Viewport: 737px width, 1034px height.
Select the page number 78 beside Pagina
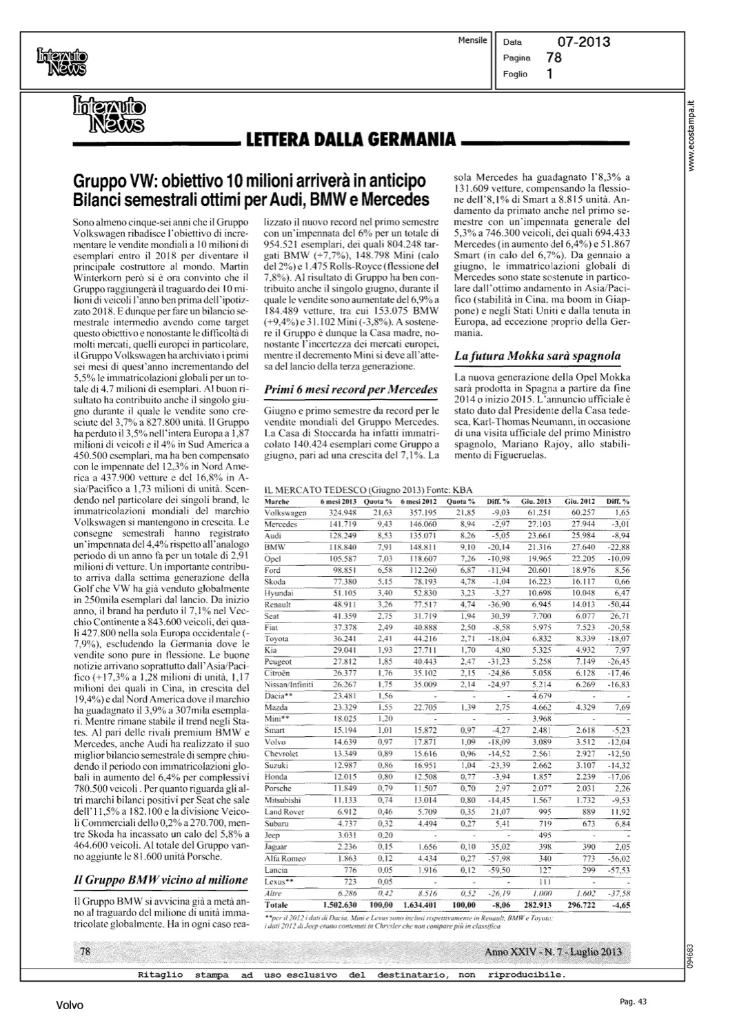pyautogui.click(x=554, y=58)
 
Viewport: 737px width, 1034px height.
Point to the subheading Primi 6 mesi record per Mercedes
pyautogui.click(x=352, y=389)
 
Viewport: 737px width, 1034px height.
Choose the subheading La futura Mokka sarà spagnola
pyautogui.click(x=538, y=356)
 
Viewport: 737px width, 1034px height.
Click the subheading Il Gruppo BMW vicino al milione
pyautogui.click(x=161, y=880)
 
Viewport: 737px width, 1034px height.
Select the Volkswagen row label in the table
pyautogui.click(x=286, y=513)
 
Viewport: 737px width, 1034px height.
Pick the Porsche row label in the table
pyautogui.click(x=279, y=788)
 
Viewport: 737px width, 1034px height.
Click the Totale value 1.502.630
pyautogui.click(x=338, y=904)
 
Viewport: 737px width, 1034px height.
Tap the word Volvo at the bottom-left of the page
pyautogui.click(x=70, y=1006)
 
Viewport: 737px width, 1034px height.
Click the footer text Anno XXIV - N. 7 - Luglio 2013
pyautogui.click(x=554, y=953)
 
